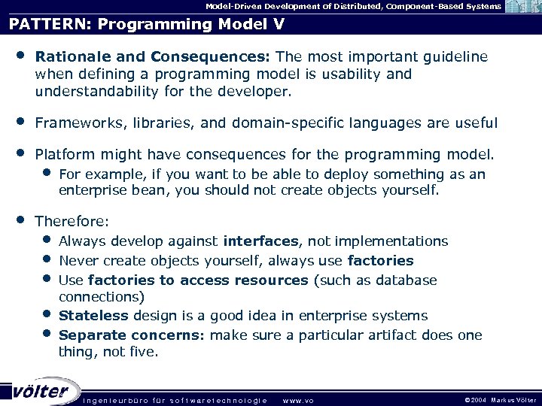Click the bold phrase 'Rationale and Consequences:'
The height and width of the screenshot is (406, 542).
click(x=154, y=57)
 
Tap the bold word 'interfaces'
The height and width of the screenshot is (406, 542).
click(x=261, y=241)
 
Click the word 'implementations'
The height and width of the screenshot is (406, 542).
click(x=391, y=241)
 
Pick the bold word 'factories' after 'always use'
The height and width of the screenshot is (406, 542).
click(x=380, y=261)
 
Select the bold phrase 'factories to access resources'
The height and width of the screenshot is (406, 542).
click(x=198, y=280)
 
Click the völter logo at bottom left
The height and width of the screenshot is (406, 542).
click(x=41, y=391)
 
